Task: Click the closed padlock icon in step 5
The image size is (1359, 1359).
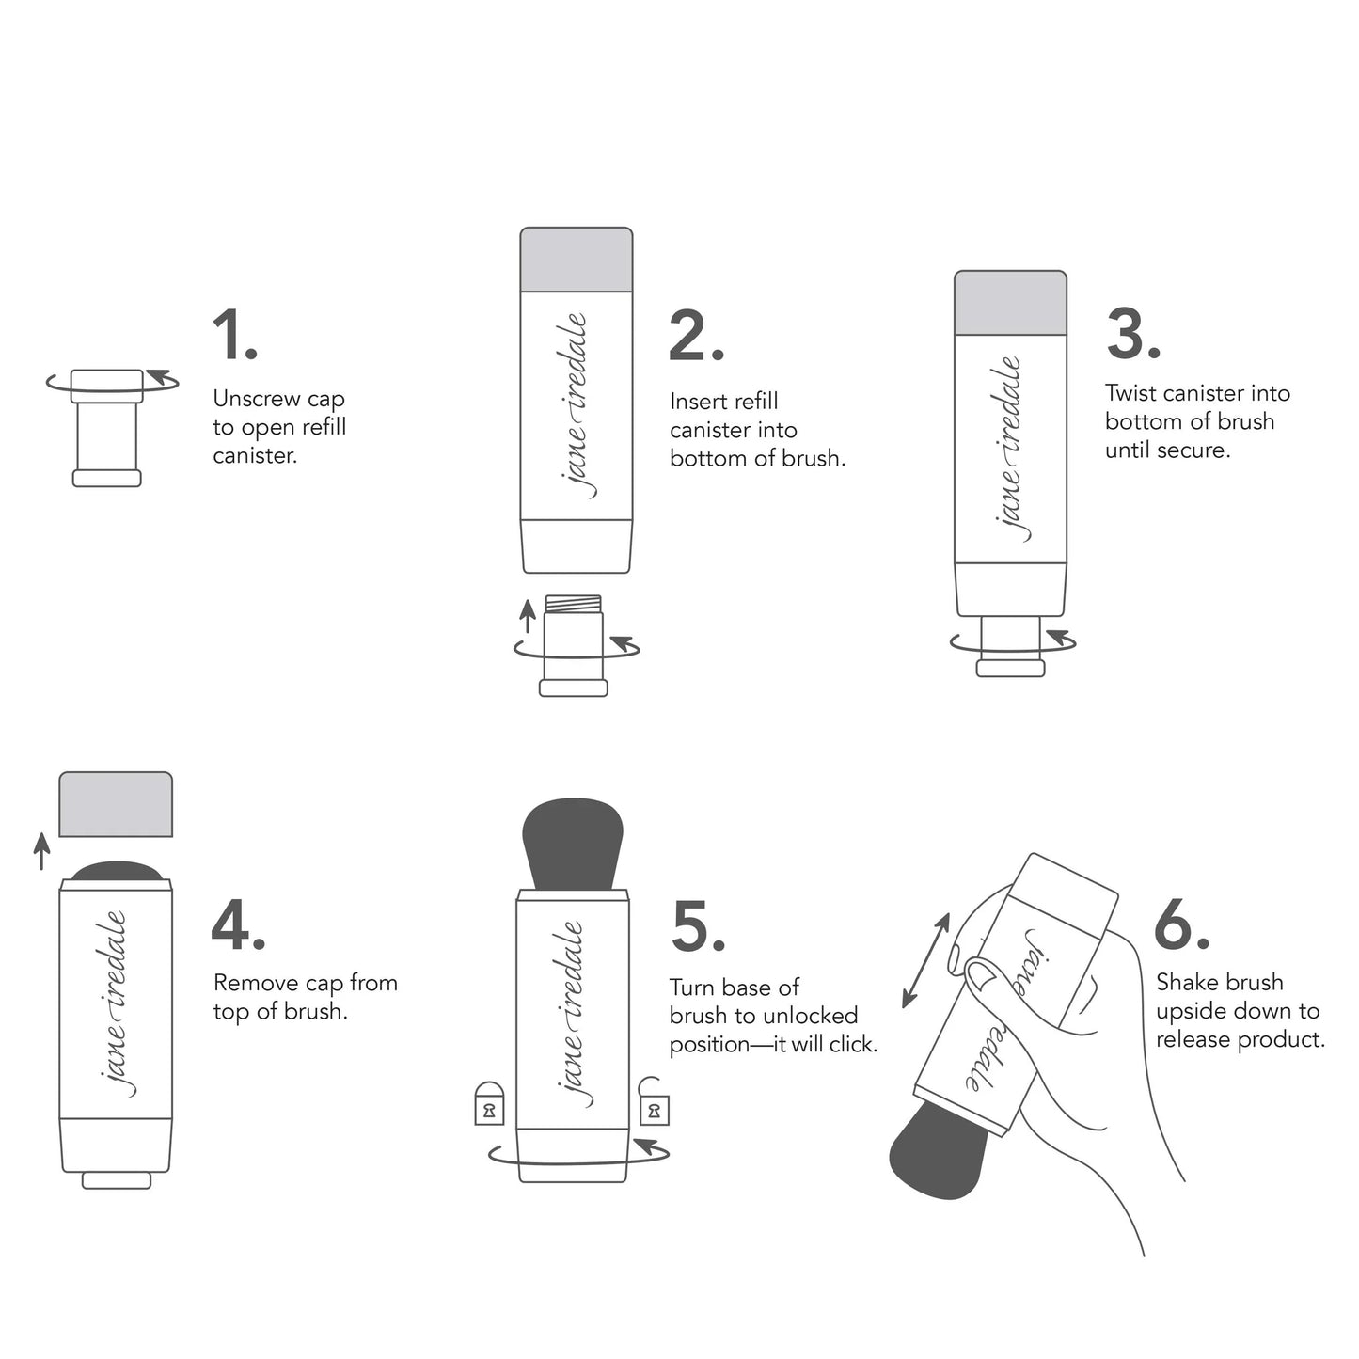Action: click(488, 1104)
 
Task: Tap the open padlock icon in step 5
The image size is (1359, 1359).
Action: click(654, 1102)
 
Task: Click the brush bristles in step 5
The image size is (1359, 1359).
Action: click(572, 842)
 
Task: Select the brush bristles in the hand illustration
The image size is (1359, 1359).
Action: click(936, 1152)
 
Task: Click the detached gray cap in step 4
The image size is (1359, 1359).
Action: click(116, 804)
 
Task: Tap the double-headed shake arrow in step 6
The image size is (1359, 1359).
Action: click(925, 960)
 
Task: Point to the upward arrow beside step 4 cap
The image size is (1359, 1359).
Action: click(41, 850)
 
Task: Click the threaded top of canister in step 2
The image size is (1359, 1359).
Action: click(574, 604)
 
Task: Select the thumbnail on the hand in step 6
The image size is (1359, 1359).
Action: click(984, 975)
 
